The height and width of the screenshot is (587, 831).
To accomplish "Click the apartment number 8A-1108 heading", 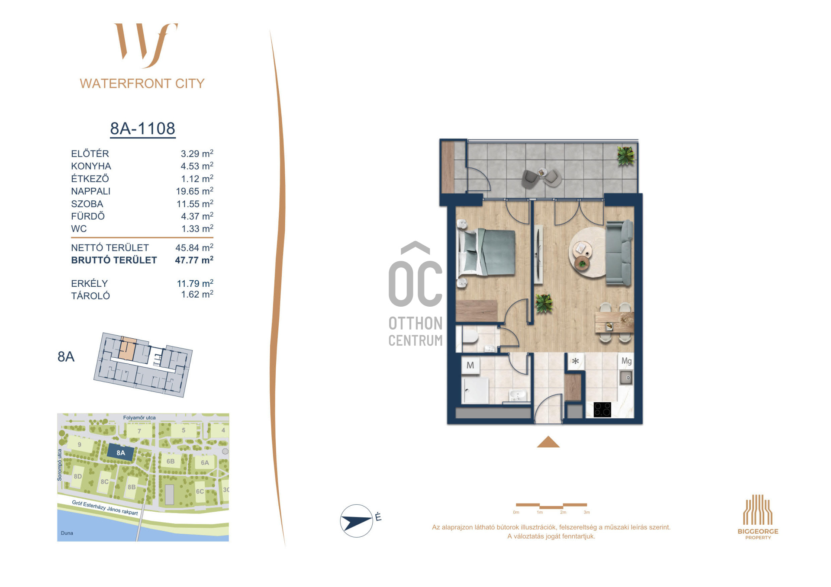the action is (143, 128).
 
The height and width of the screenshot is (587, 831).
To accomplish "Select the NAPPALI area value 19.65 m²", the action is (194, 191).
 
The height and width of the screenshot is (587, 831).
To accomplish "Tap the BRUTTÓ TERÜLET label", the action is (114, 260).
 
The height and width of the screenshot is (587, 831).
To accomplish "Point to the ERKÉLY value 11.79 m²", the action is (195, 283).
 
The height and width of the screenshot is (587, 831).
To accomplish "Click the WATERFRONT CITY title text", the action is (142, 83).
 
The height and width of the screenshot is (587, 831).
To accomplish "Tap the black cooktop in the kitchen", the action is (602, 409).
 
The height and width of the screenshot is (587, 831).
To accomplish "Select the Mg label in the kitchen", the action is (626, 361).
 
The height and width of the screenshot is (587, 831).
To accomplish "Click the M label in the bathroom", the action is (470, 366).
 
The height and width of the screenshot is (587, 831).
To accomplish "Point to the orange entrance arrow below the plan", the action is (548, 442).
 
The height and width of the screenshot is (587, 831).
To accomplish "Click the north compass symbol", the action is (357, 521).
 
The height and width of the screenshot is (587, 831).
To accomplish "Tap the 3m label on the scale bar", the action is (586, 512).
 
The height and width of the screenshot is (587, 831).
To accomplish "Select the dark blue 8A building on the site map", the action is (120, 453).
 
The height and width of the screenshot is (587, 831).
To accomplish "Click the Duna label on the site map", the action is (67, 533).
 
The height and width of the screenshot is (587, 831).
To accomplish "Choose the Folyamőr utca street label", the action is (139, 418).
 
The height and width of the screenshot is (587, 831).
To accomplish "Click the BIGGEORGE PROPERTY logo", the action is (758, 517).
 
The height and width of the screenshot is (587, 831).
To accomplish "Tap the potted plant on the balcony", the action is (625, 155).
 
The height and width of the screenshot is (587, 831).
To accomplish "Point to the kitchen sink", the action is (626, 378).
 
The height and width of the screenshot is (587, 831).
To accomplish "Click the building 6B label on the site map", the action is (171, 462).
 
